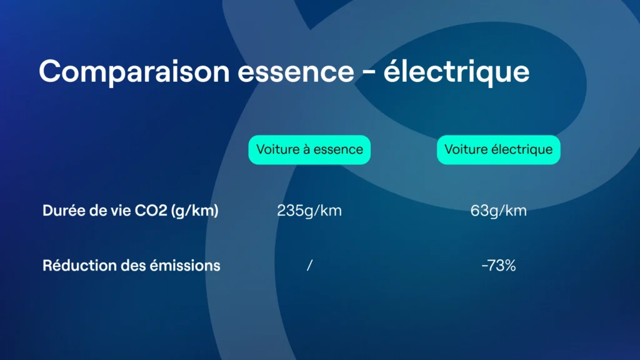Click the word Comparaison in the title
(134, 72)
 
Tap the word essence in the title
(296, 72)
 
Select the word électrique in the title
(456, 72)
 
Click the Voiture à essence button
(309, 150)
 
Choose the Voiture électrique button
(498, 150)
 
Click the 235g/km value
(309, 211)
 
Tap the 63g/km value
(498, 211)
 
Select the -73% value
(498, 266)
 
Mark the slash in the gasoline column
(309, 266)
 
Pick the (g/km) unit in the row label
(195, 211)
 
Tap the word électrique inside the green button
(522, 150)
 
